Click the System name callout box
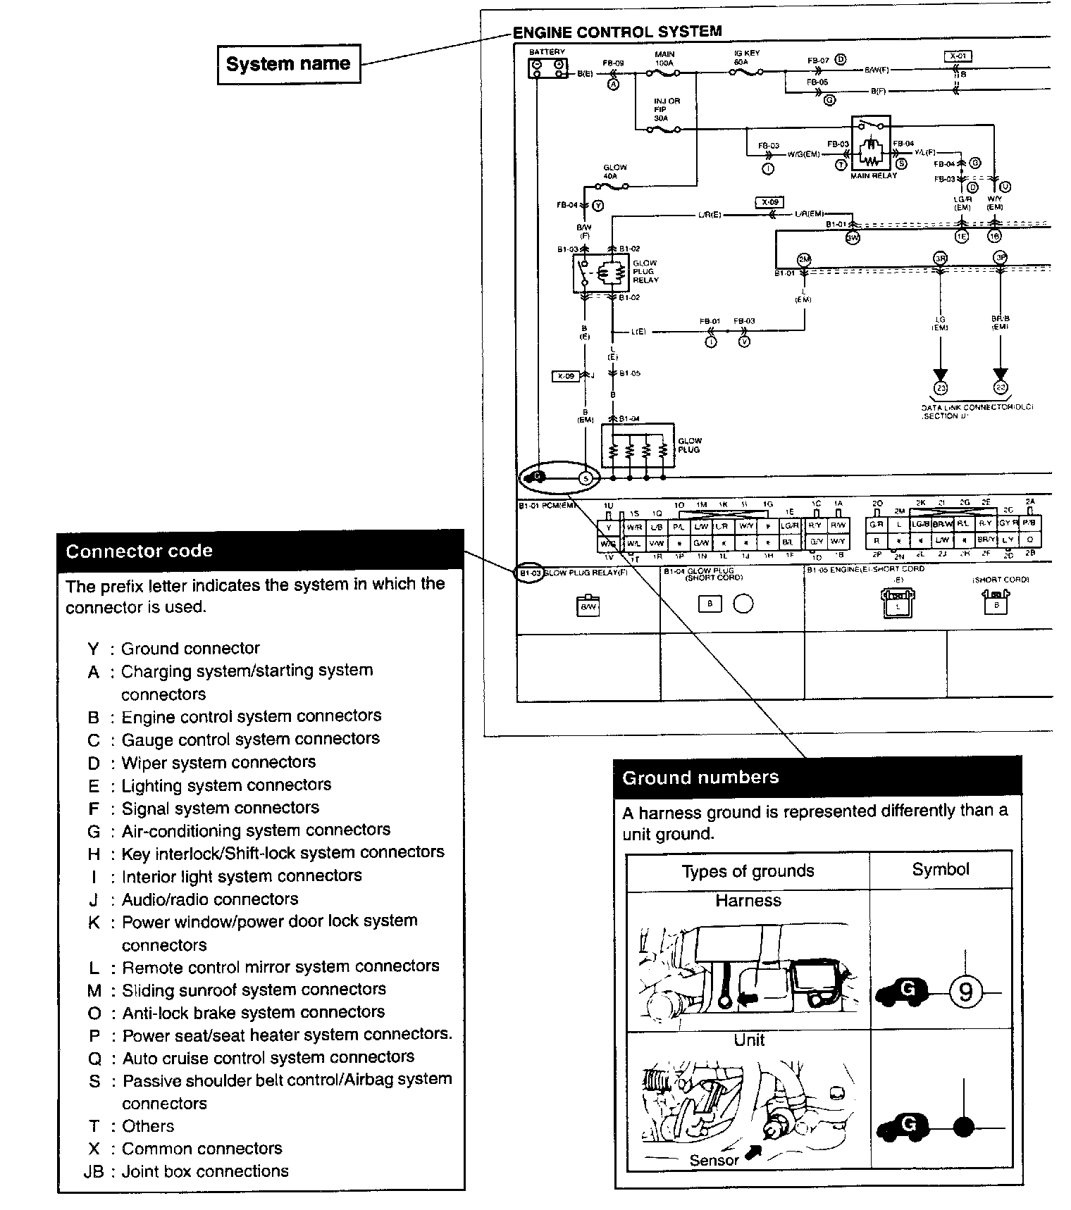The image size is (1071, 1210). (288, 64)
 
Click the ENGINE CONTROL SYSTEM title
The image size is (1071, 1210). (617, 32)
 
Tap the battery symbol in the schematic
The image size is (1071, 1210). (547, 68)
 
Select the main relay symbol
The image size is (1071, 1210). (871, 146)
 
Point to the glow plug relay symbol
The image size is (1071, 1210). (601, 273)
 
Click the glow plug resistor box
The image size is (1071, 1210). (637, 447)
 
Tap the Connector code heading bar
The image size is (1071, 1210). (261, 550)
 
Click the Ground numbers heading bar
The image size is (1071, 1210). (817, 777)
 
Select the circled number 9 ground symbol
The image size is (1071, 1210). (965, 992)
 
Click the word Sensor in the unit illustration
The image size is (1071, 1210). (714, 1160)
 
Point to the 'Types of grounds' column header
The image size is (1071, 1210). (748, 871)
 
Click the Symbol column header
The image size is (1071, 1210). (941, 869)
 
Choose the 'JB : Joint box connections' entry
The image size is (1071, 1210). (186, 1171)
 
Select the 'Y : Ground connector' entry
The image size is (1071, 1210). (173, 648)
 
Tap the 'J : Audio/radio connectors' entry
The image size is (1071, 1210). (193, 899)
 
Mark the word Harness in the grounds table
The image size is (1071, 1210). (748, 900)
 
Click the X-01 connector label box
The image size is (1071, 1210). (958, 56)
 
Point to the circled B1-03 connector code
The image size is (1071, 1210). (530, 573)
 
